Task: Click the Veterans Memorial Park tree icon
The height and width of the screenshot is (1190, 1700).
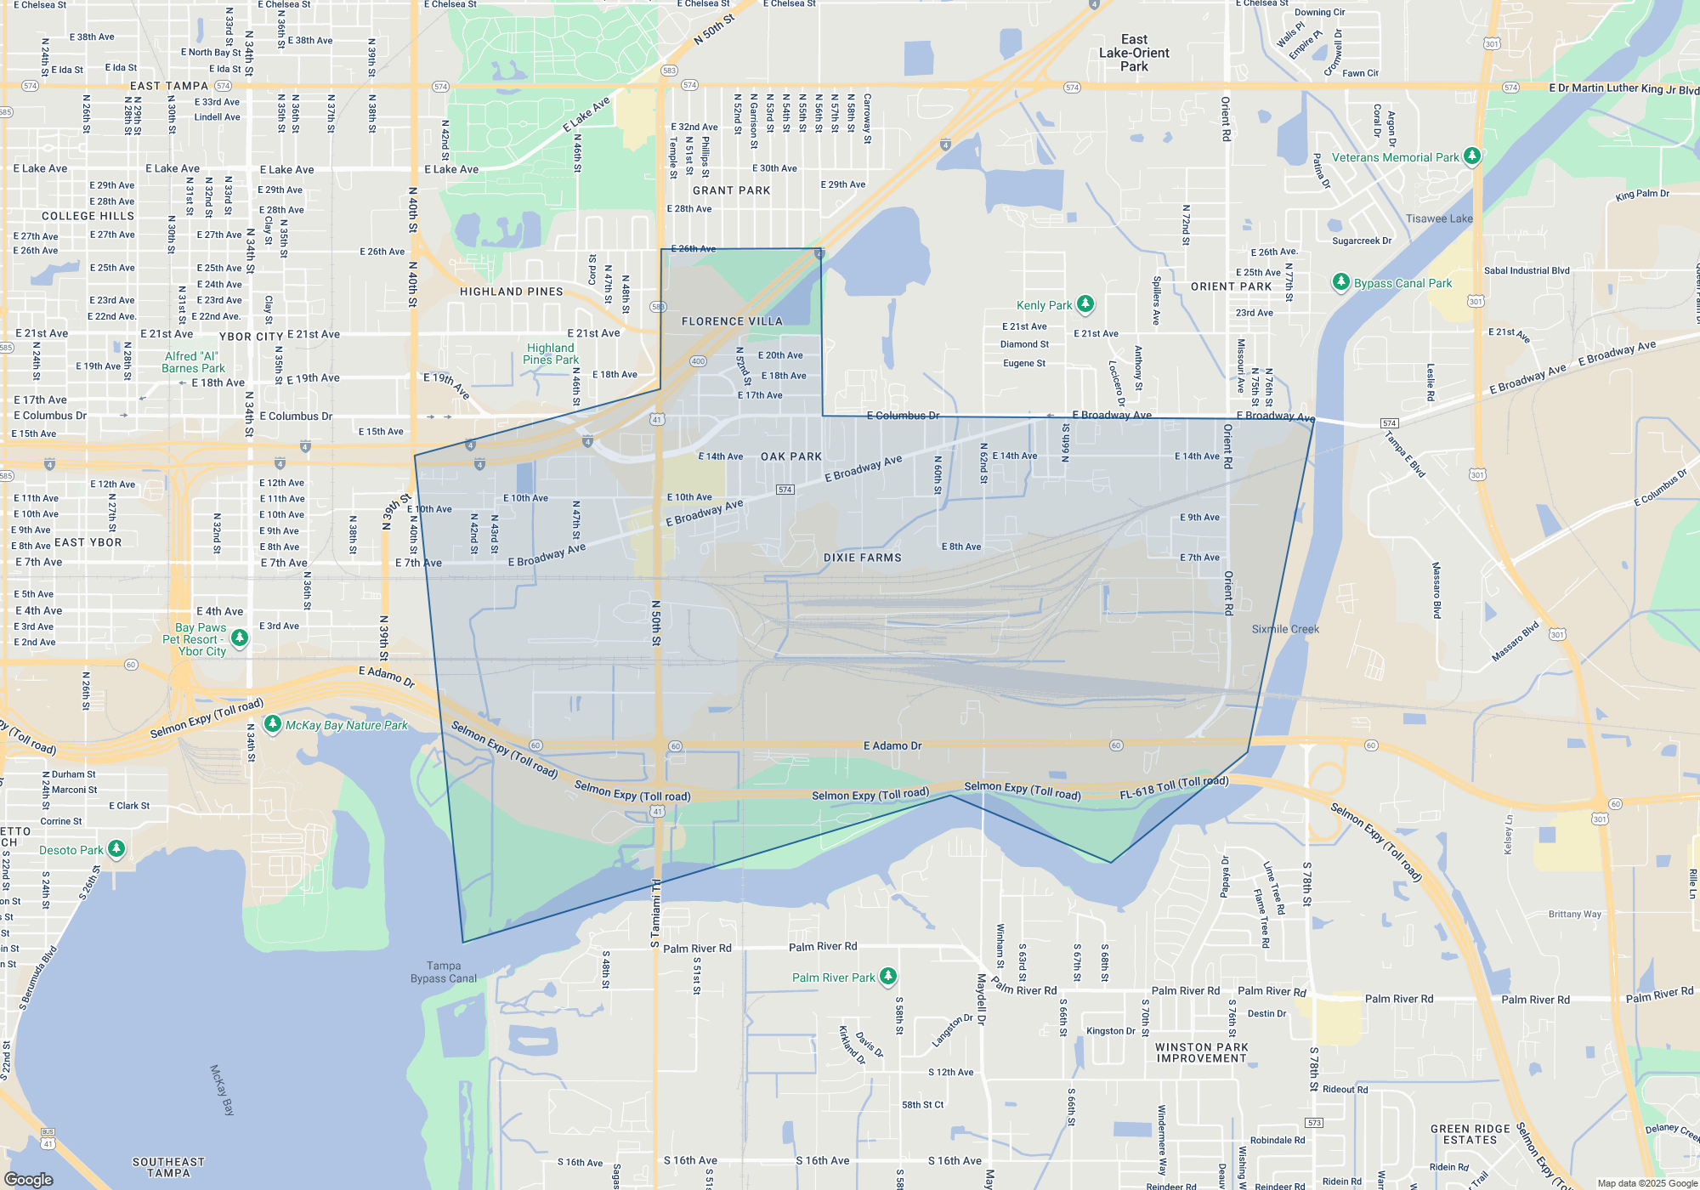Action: click(1472, 156)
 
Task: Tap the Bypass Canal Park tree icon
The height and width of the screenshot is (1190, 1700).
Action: click(1340, 281)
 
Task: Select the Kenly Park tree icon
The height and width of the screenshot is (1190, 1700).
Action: click(1085, 303)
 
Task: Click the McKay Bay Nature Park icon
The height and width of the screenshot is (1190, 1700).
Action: click(273, 724)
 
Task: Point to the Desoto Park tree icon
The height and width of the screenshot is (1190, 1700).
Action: click(116, 848)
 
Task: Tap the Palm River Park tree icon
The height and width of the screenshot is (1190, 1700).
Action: click(887, 976)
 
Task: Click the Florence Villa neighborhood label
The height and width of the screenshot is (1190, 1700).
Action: click(732, 321)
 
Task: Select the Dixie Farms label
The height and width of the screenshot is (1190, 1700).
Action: click(862, 558)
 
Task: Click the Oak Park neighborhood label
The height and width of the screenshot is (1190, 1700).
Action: click(791, 456)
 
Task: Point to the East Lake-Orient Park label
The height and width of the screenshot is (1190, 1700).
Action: click(1134, 53)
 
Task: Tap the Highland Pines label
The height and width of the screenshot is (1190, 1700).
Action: click(512, 292)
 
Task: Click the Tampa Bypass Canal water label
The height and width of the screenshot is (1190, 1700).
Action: click(444, 972)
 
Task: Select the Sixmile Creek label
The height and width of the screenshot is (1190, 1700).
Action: click(1285, 629)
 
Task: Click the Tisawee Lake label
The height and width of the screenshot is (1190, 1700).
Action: click(1439, 218)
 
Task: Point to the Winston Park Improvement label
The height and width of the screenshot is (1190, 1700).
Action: click(1201, 1053)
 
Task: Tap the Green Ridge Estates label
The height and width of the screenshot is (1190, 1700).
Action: click(1470, 1135)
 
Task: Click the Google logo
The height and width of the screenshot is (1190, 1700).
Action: click(29, 1180)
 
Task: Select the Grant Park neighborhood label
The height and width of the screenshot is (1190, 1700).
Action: click(731, 190)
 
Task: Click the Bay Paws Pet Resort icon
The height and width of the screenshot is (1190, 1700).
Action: click(240, 637)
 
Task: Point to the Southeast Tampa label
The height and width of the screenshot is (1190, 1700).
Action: click(168, 1167)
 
